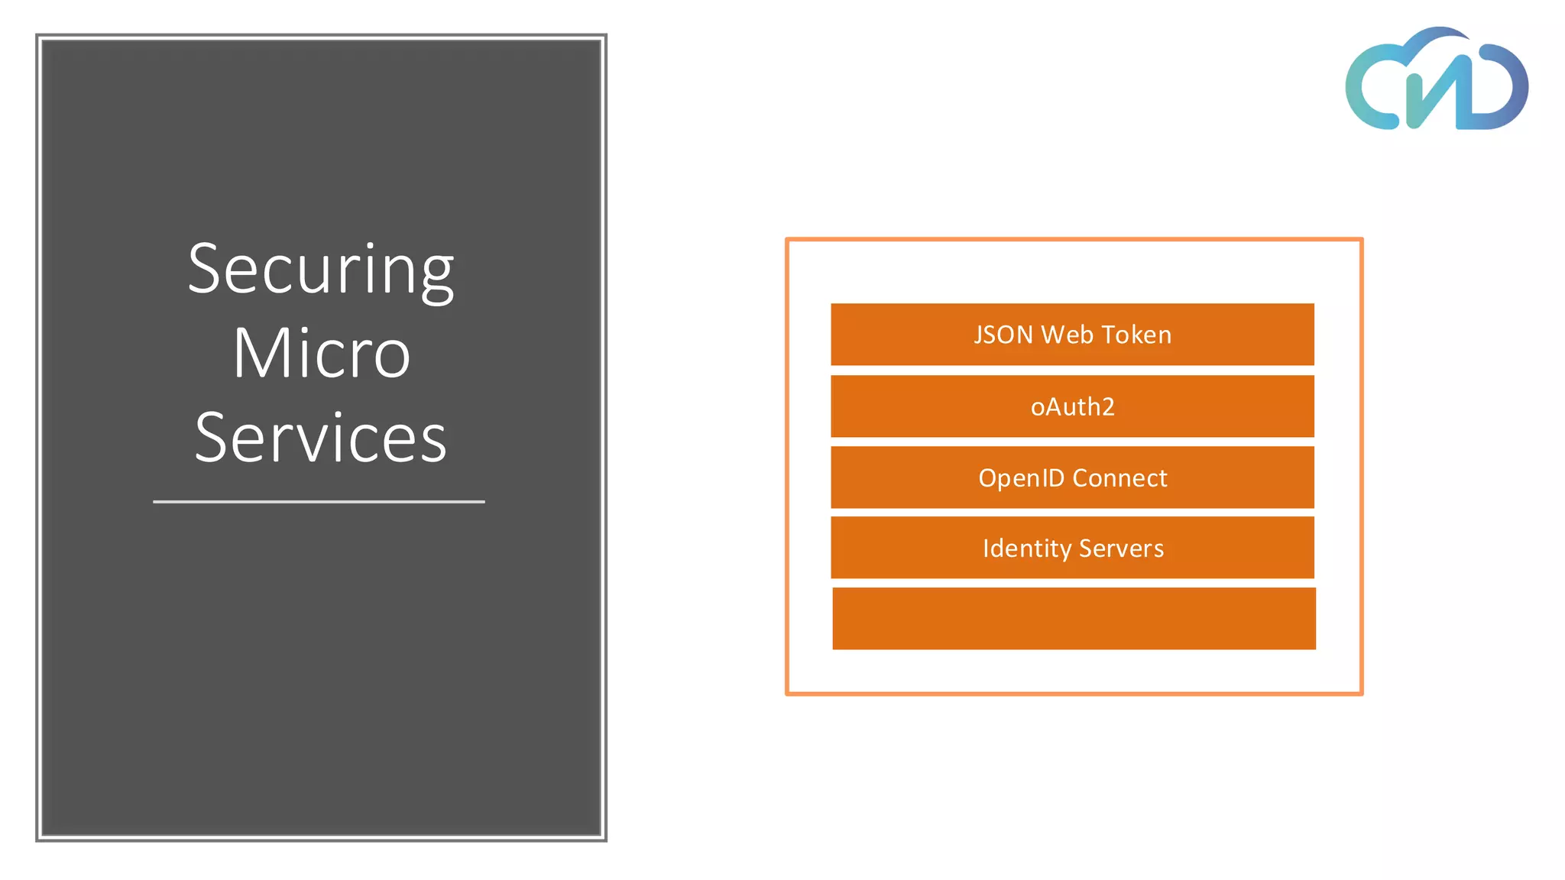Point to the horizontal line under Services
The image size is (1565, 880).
[x=319, y=502]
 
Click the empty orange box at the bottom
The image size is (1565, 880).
[x=1074, y=619]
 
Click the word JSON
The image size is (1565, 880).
[x=1003, y=335]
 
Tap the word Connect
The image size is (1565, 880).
[x=1119, y=478]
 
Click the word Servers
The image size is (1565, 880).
[x=1121, y=548]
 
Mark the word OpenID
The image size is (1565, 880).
[x=1021, y=478]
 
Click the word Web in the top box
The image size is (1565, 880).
[x=1067, y=335]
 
